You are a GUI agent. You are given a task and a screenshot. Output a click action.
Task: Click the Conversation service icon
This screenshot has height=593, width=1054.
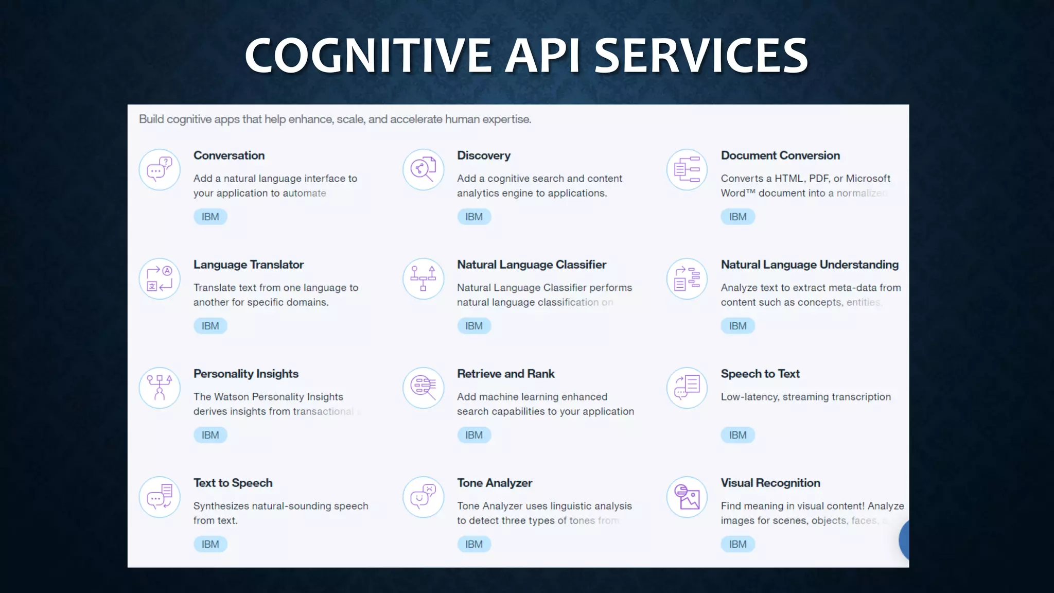[160, 170]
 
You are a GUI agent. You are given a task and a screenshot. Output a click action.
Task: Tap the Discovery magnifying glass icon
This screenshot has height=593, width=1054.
[423, 170]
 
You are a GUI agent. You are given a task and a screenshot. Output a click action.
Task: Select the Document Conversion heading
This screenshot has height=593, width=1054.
[780, 155]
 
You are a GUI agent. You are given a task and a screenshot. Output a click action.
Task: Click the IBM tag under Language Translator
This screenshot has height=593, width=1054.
[210, 326]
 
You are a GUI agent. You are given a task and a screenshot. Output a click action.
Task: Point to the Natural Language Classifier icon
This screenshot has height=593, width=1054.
[423, 279]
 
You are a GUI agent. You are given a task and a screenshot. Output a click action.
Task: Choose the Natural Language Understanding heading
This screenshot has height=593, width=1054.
[810, 265]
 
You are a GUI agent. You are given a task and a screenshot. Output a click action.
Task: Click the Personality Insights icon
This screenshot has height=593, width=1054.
[160, 388]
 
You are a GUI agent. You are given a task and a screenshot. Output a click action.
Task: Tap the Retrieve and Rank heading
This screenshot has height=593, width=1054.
[506, 374]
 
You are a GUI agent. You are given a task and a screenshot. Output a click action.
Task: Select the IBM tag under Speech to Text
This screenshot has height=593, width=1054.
[737, 435]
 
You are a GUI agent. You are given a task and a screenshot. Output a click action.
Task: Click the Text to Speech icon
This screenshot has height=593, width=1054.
[160, 497]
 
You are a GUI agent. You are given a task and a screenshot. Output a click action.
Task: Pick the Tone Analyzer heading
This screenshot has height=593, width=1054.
[495, 483]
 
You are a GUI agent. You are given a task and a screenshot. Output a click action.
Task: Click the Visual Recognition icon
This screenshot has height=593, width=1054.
[687, 497]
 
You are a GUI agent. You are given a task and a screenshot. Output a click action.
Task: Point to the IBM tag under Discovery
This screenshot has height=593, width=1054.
[474, 217]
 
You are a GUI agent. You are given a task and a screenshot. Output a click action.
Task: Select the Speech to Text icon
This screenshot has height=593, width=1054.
[687, 388]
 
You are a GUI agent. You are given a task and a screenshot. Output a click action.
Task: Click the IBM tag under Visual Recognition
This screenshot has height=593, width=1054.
[737, 544]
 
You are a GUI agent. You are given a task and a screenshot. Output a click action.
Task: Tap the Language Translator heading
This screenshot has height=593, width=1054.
[249, 265]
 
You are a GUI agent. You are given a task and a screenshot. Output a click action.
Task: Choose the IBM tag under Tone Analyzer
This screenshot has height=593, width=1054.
[474, 544]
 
